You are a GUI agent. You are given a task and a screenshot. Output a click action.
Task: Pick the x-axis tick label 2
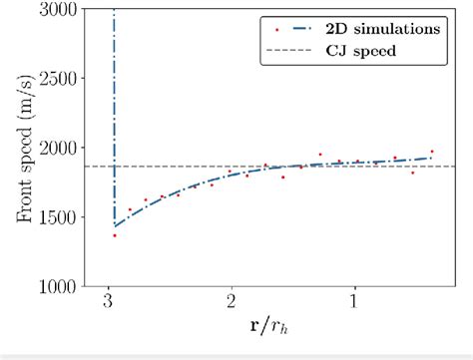click(231, 303)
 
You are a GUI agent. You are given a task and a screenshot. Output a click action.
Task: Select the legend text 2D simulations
click(382, 28)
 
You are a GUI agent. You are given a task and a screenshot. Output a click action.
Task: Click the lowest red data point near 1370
click(115, 235)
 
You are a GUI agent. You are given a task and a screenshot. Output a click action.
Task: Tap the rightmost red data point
click(432, 152)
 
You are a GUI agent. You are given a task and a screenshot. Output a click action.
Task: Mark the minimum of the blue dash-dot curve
click(115, 225)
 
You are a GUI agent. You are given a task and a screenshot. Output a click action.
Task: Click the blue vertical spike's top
click(115, 10)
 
